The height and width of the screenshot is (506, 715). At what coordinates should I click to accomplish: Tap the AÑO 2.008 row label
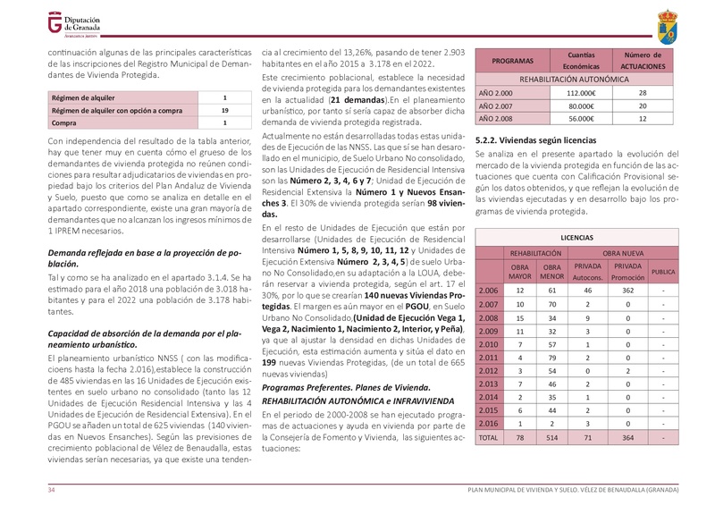(x=496, y=118)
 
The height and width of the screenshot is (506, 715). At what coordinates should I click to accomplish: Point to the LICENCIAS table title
(x=576, y=239)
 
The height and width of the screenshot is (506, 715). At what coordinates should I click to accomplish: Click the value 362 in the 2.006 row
(x=627, y=291)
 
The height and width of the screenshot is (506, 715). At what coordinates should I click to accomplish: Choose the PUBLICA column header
(x=663, y=271)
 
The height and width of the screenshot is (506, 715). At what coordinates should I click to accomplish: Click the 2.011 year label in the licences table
(x=489, y=358)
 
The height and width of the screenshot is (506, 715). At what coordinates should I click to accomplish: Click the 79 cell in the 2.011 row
(x=551, y=358)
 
